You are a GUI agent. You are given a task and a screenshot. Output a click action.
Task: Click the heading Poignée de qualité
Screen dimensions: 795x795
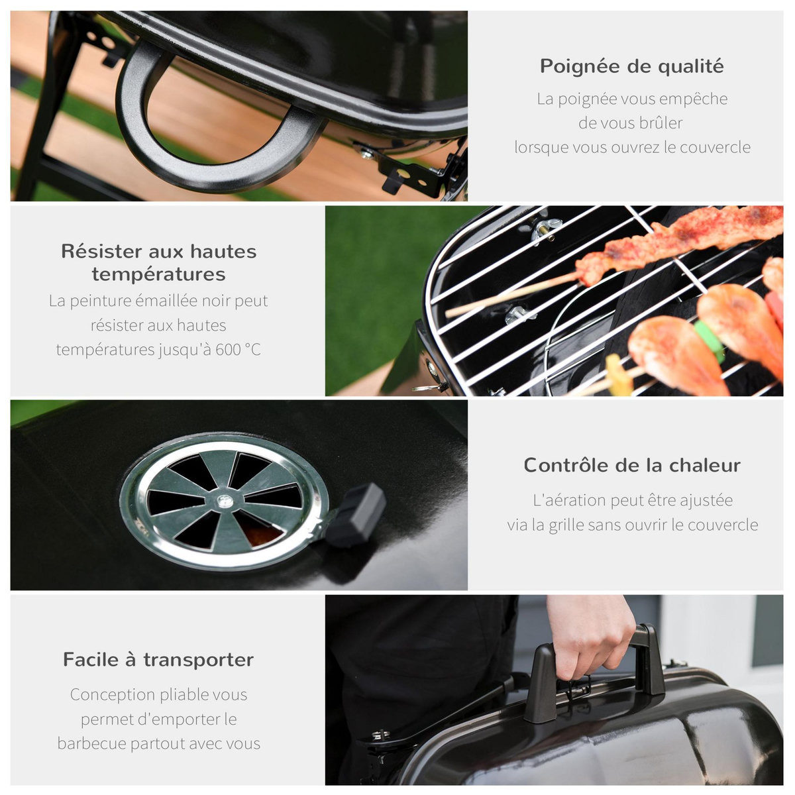pos(631,66)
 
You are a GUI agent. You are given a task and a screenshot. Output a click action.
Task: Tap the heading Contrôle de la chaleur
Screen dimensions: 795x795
pos(631,465)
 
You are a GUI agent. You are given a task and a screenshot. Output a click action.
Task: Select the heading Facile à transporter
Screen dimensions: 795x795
pos(158,660)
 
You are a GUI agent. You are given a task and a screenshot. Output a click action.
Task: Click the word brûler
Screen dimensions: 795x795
pos(661,123)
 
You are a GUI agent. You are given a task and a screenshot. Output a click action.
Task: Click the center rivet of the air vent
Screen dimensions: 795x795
pos(225,501)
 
